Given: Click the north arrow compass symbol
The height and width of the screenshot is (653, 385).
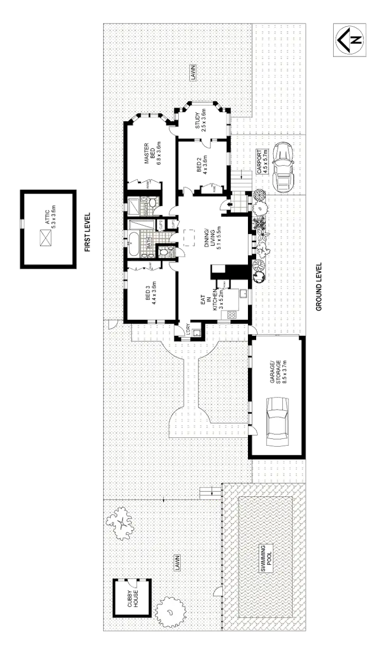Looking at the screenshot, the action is (x=349, y=41).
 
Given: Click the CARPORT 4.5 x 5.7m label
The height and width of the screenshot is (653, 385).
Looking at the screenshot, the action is (x=262, y=162).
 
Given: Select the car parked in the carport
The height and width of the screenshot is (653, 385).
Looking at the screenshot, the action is (x=283, y=166).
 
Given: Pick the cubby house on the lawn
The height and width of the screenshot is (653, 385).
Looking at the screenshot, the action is (x=133, y=598).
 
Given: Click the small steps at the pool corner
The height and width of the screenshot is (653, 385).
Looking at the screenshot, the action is (x=207, y=493).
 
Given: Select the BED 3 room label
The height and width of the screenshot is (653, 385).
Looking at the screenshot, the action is (x=149, y=293).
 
